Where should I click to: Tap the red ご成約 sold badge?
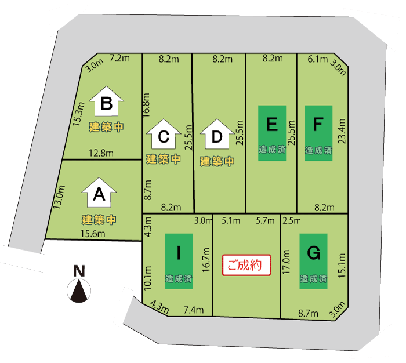pos(246,265)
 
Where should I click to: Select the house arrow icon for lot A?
pos(99,193)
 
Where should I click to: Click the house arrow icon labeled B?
pos(106,101)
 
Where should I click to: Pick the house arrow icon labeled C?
pos(164,134)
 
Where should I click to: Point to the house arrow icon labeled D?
pos(217,134)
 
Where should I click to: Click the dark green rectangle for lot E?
pos(272,133)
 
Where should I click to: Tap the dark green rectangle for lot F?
pos(318,133)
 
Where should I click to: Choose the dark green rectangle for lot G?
pos(314,262)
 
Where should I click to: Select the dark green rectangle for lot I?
pos(179,262)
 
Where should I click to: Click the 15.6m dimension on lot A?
pos(93,234)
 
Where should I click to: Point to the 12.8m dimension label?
pos(101,153)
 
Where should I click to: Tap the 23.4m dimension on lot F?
pos(342,130)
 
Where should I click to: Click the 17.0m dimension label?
pos(286,262)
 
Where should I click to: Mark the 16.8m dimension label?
pos(146,105)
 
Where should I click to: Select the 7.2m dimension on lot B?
pos(119,58)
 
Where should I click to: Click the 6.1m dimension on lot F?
pos(318,59)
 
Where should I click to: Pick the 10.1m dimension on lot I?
pos(147,278)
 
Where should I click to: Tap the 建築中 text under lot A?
pos(99,220)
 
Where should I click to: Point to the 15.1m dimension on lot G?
pos(342,266)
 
